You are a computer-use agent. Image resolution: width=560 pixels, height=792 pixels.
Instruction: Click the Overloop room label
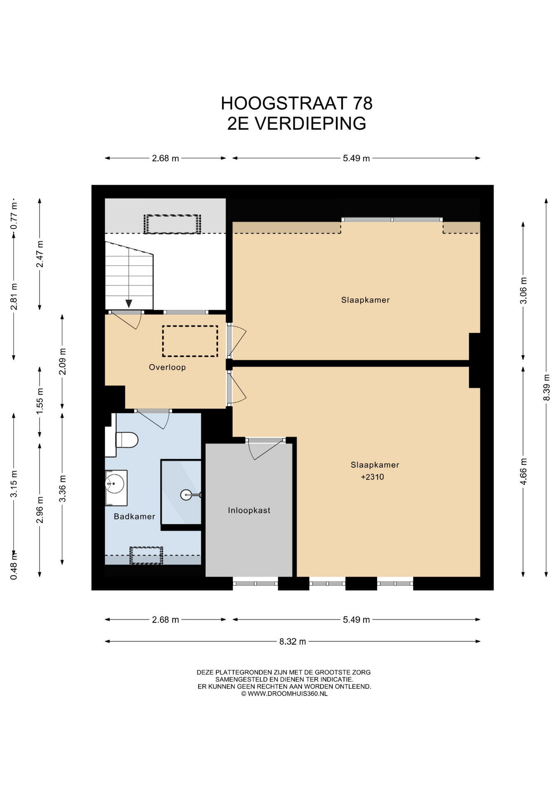[x=167, y=367]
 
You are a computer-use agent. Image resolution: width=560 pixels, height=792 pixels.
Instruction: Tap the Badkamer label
[x=134, y=516]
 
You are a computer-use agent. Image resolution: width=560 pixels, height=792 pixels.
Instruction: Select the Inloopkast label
[x=249, y=510]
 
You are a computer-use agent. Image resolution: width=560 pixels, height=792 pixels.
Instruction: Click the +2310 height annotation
[x=372, y=477]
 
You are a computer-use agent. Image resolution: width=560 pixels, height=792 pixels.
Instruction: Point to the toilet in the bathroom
[x=126, y=439]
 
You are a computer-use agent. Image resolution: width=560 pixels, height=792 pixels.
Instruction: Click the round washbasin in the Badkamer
[x=115, y=483]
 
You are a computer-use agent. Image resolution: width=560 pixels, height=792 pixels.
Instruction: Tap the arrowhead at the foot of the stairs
[x=129, y=304]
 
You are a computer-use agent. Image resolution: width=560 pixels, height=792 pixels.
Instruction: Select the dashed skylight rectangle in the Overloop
[x=190, y=341]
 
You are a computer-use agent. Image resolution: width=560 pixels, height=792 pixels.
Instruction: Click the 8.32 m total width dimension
[x=292, y=641]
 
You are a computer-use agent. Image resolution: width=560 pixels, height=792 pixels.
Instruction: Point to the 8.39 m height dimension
[x=546, y=387]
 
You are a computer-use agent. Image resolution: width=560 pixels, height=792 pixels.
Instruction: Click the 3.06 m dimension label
[x=523, y=290]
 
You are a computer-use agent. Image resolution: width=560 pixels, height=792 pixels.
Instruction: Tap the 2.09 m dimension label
[x=62, y=361]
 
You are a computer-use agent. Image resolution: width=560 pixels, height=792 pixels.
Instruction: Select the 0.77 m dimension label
[x=14, y=216]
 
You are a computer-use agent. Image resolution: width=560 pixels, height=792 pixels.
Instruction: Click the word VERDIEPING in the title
[x=310, y=123]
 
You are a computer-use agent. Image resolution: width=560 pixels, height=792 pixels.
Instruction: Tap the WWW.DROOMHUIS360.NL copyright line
[x=284, y=694]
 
